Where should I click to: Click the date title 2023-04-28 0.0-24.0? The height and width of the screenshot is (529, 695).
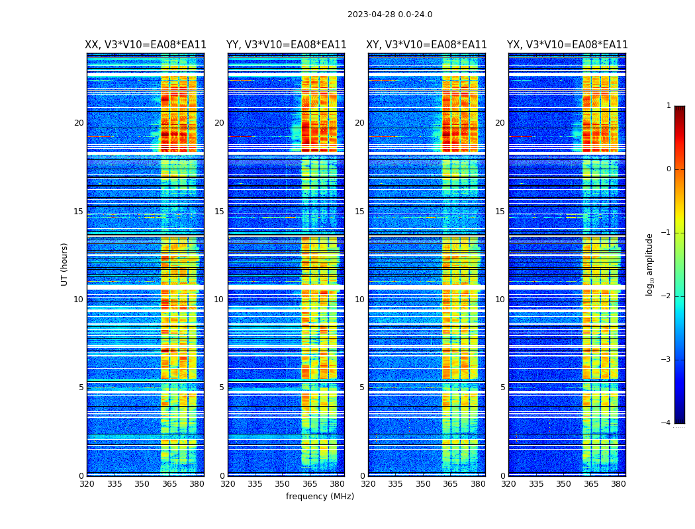pos(390,15)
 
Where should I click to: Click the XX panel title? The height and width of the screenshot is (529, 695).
pos(146,45)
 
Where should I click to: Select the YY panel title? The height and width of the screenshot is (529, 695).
pos(286,45)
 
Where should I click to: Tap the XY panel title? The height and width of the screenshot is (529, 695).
pos(427,45)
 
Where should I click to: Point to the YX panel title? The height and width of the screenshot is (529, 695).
pos(567,45)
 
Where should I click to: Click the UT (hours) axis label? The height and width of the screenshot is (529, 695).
pos(65,264)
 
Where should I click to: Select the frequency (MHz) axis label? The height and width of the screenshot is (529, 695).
pos(320,497)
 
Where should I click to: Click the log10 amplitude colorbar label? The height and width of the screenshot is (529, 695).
pos(650,264)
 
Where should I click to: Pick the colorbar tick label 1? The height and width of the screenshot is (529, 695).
pos(669,106)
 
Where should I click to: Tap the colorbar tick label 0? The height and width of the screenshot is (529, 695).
pos(669,169)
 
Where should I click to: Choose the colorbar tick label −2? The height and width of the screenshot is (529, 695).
pos(667,296)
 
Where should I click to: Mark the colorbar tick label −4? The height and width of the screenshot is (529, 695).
pos(667,423)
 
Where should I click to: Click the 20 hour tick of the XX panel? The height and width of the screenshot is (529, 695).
pos(79,123)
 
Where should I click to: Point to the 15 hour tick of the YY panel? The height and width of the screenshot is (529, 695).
pos(219,212)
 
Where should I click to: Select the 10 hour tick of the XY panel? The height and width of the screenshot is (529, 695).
pos(359,300)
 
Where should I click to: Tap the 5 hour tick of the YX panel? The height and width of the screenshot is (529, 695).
pos(502,387)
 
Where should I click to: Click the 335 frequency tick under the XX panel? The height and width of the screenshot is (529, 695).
pos(115,484)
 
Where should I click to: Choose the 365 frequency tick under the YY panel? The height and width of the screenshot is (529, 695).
pos(310,484)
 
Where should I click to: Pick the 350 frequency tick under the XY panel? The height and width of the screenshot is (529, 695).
pos(423,484)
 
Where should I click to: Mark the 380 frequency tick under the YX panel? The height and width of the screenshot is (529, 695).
pos(618,484)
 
